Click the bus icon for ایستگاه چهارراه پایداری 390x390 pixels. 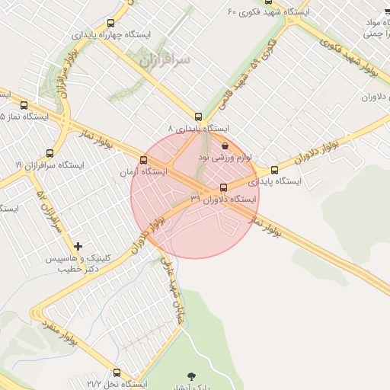click(111, 24)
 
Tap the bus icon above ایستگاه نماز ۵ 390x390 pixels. click(24, 105)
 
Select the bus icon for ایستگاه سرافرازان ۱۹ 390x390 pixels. click(50, 153)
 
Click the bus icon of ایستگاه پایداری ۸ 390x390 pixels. click(199, 117)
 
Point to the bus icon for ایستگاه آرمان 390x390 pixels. click(143, 160)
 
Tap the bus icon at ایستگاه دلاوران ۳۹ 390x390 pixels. click(223, 187)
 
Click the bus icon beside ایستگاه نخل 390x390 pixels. click(117, 372)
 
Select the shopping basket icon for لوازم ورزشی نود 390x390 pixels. click(224, 145)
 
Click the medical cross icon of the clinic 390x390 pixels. click(78, 246)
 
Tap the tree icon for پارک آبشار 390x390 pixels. click(190, 376)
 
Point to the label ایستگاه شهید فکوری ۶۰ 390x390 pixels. click(270, 12)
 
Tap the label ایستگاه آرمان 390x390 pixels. click(142, 173)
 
